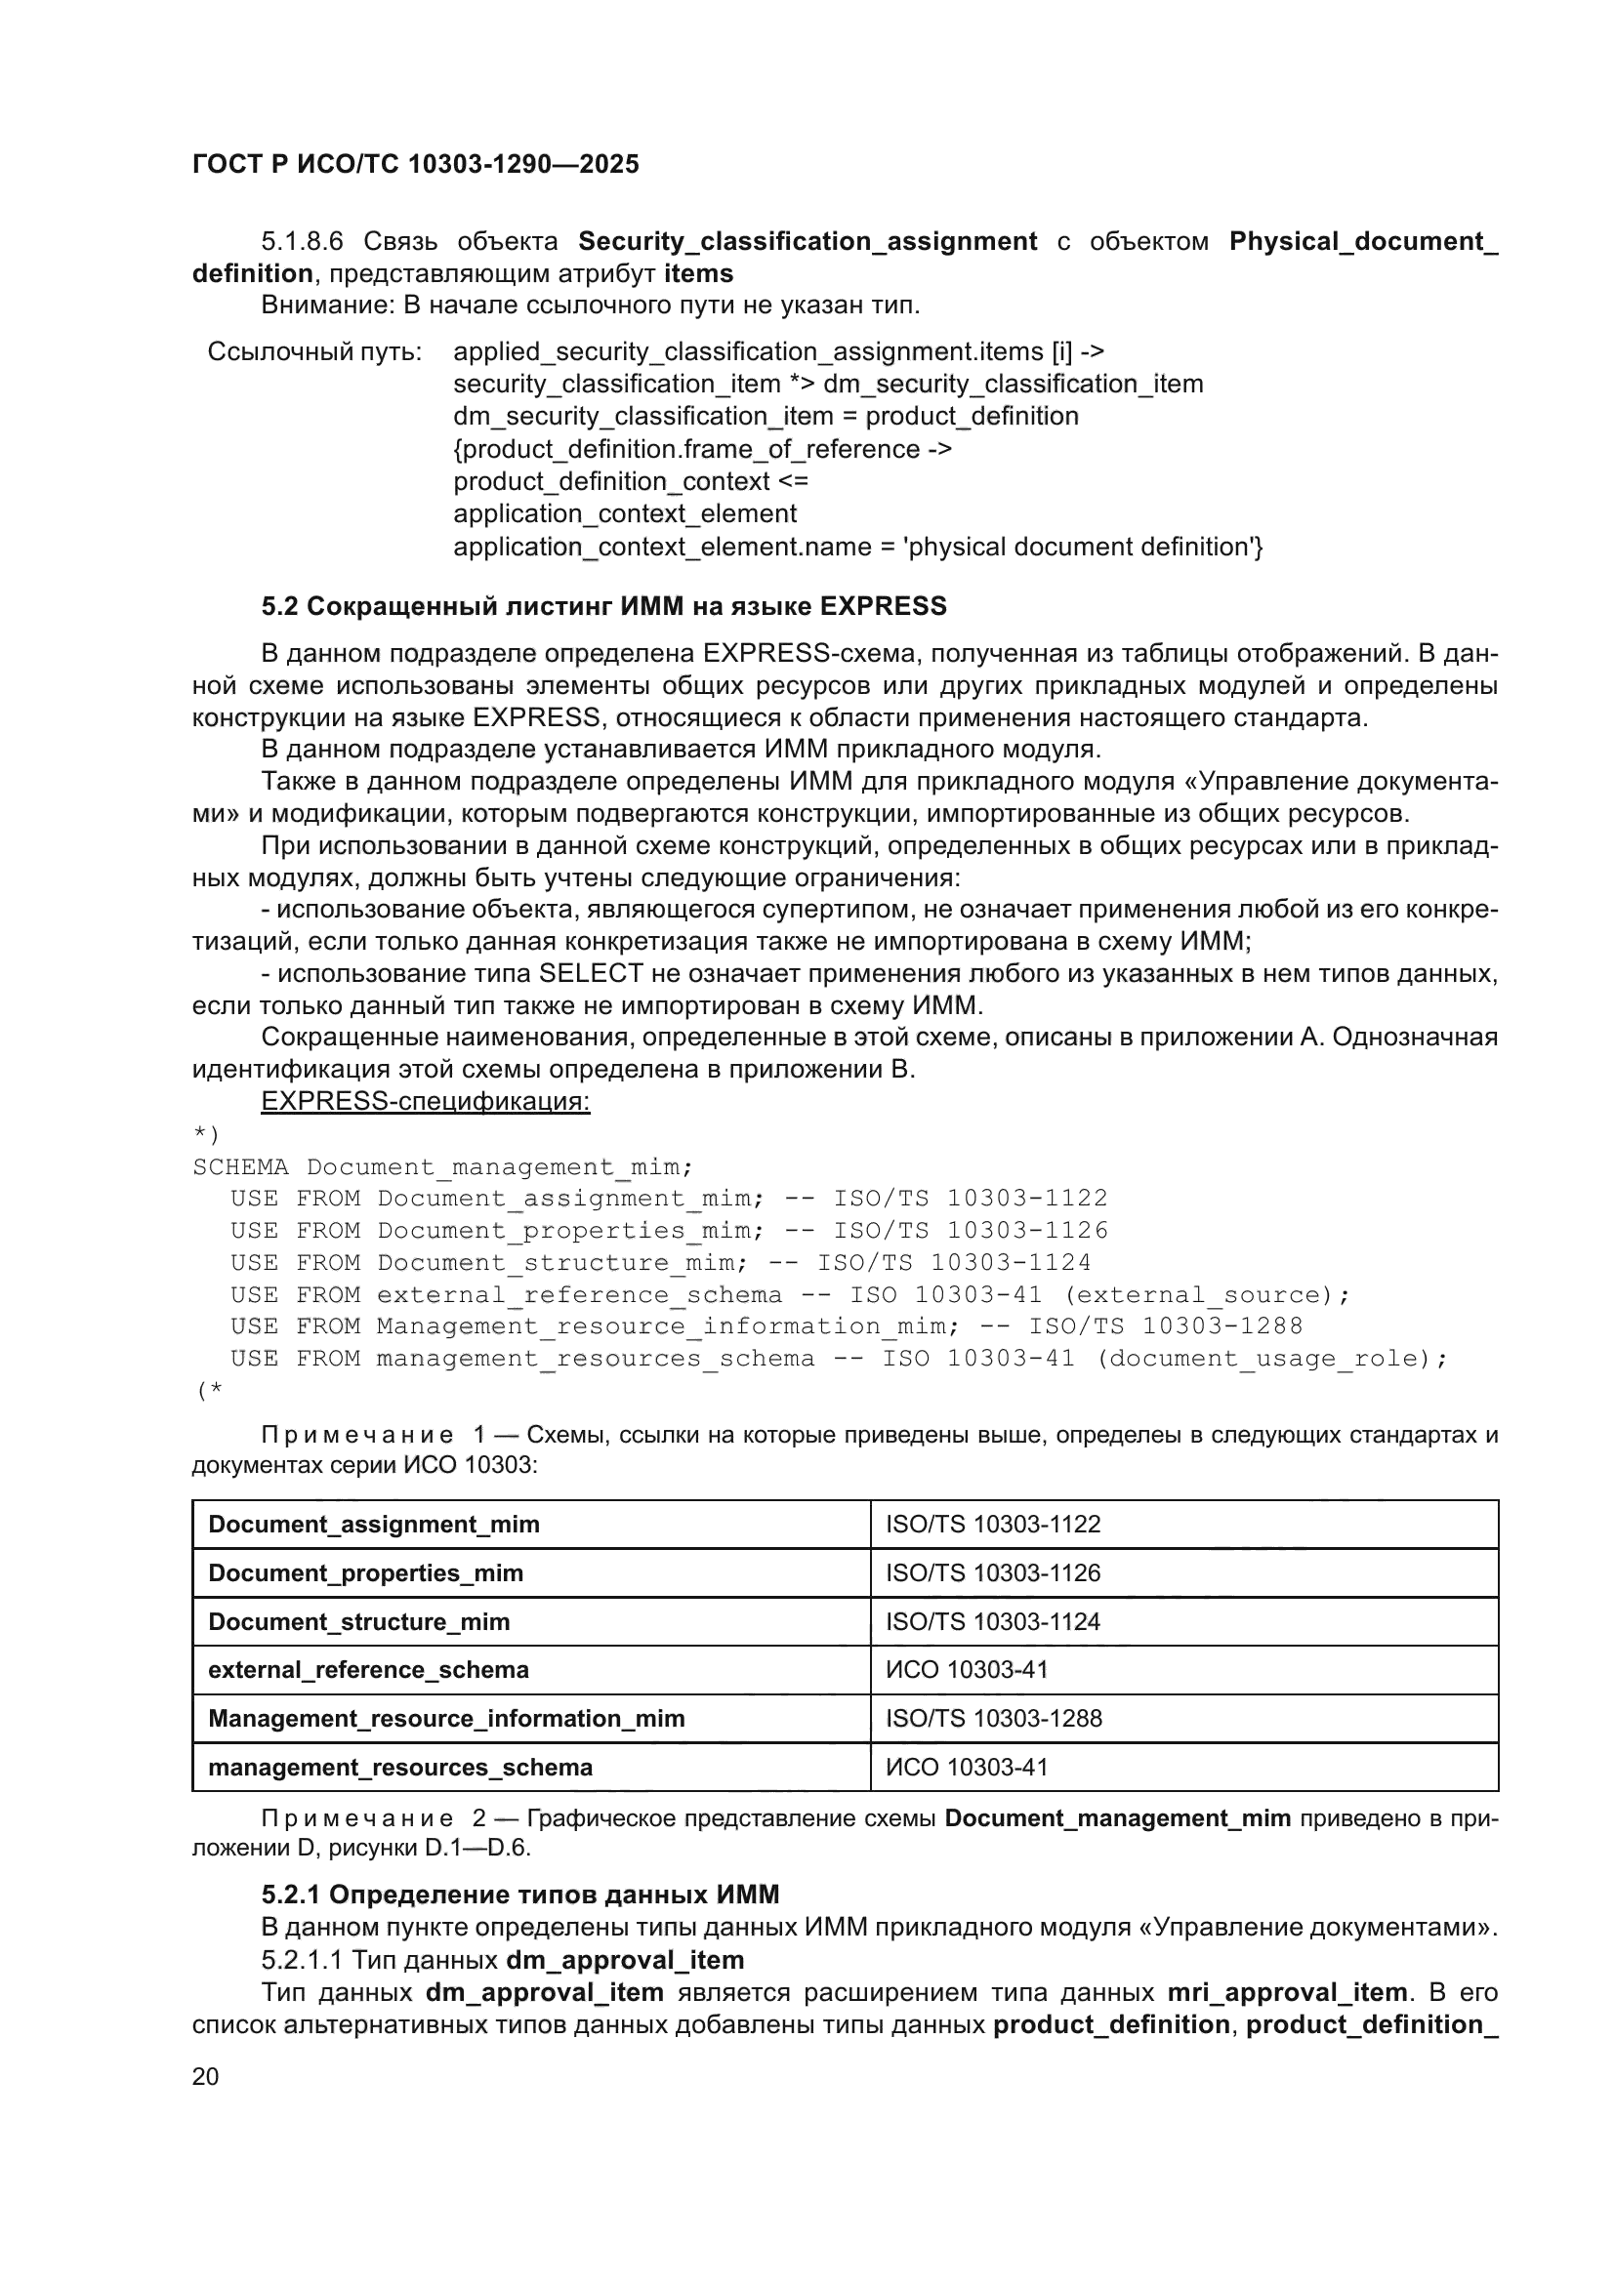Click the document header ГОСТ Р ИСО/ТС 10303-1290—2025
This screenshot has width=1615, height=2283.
coord(415,165)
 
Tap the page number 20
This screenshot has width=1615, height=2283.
coord(205,2076)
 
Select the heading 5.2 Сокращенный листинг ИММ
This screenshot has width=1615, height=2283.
coord(603,606)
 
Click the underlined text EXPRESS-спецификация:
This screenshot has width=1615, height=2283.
coord(425,1102)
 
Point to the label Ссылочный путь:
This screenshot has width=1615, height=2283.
coord(314,352)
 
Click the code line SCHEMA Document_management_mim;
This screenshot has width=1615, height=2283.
coord(442,1166)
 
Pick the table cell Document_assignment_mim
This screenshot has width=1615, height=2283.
coord(374,1525)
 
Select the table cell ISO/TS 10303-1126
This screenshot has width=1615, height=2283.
coord(992,1573)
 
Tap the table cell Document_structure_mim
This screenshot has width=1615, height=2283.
coord(358,1622)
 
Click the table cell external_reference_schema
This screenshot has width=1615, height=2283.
coord(368,1669)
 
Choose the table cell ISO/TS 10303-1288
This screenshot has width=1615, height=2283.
coord(993,1718)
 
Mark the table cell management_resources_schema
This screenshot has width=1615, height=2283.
coord(399,1767)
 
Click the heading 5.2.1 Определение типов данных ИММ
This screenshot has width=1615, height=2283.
coord(520,1895)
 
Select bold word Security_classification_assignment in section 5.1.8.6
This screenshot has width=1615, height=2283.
coord(807,242)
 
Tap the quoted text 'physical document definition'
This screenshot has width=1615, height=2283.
coord(1078,547)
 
